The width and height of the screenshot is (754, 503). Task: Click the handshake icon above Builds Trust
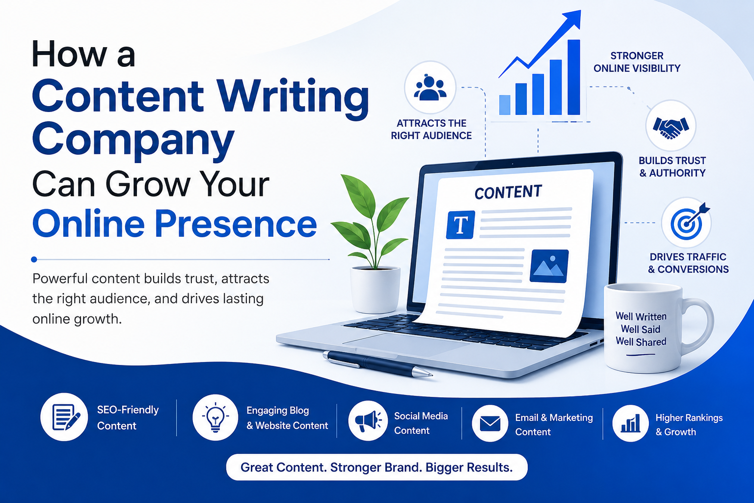tap(671, 127)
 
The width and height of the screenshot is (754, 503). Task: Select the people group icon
tap(430, 87)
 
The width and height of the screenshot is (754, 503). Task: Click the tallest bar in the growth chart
tap(574, 77)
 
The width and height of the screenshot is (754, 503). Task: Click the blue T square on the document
tap(460, 224)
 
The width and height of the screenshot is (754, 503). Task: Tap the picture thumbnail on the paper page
tap(549, 266)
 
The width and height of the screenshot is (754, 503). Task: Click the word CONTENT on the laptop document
tap(508, 192)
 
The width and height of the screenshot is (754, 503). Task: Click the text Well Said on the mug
tap(641, 329)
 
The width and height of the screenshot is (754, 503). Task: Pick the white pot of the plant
tap(375, 290)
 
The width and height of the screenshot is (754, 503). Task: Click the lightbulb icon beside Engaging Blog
tap(215, 418)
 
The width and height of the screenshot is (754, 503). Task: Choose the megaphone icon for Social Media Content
tap(368, 421)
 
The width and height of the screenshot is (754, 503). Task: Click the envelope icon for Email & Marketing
tap(490, 423)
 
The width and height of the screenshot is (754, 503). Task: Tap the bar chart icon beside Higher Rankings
tap(630, 423)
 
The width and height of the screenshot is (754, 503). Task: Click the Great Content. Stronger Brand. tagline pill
tap(377, 467)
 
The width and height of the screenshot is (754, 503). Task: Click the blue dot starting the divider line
tap(34, 259)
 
